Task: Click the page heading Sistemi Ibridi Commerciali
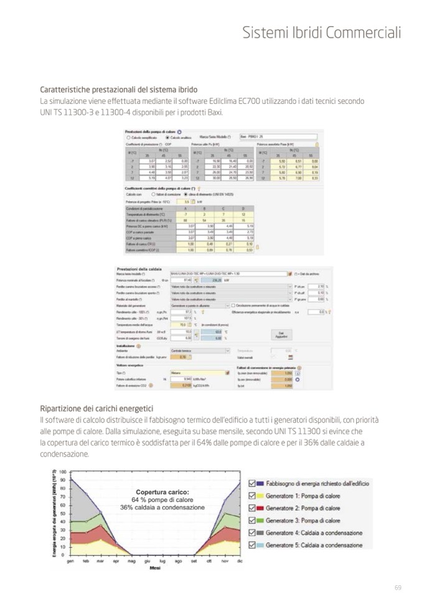point(322,32)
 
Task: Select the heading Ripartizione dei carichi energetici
point(96,408)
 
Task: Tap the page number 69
point(398,587)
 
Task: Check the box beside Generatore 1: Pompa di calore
point(251,496)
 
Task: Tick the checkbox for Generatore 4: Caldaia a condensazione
point(251,533)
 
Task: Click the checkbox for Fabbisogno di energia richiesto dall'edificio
point(251,483)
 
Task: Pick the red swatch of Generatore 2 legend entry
point(261,508)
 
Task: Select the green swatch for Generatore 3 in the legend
point(261,520)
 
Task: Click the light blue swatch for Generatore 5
point(261,545)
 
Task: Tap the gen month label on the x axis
point(70,561)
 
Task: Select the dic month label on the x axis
point(240,561)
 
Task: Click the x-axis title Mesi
point(155,568)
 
